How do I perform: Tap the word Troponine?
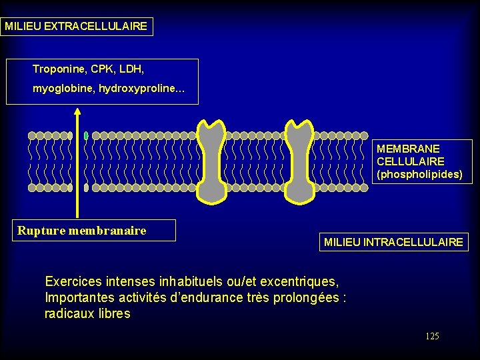(x=57, y=69)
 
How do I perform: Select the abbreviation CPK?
(x=101, y=69)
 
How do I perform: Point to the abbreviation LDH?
(x=132, y=69)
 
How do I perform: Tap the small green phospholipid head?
(x=86, y=135)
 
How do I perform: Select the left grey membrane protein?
(x=212, y=161)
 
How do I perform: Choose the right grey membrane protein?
(x=299, y=161)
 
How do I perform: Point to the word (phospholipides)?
(x=419, y=174)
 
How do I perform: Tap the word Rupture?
(x=41, y=231)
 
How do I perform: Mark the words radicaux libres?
(x=87, y=313)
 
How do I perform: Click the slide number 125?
(x=432, y=336)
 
